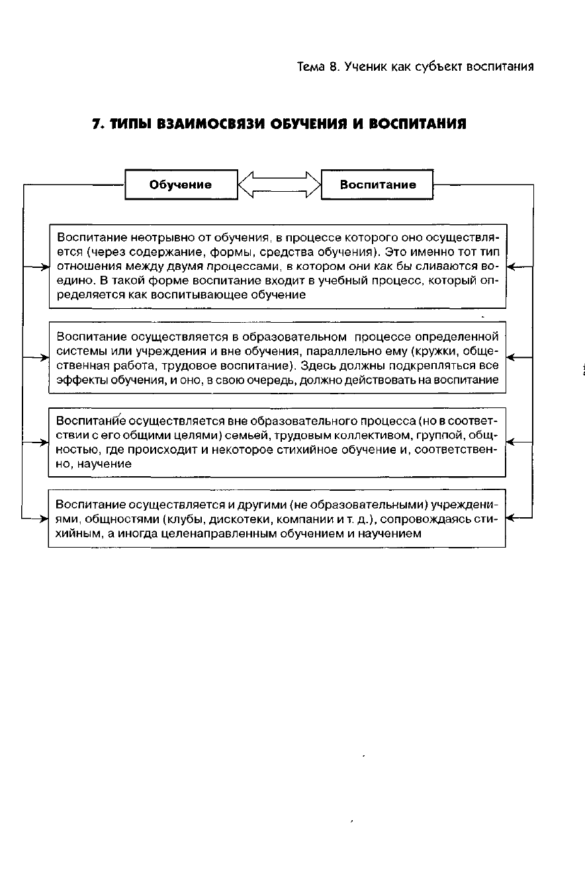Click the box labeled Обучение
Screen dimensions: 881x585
coord(181,185)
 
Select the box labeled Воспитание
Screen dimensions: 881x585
coord(377,185)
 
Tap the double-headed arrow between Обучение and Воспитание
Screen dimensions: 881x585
coord(279,185)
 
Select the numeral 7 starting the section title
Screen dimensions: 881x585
coord(95,124)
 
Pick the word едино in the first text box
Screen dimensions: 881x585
coord(73,280)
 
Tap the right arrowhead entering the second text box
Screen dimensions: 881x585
coord(510,358)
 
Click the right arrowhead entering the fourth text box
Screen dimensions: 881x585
coord(510,519)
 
